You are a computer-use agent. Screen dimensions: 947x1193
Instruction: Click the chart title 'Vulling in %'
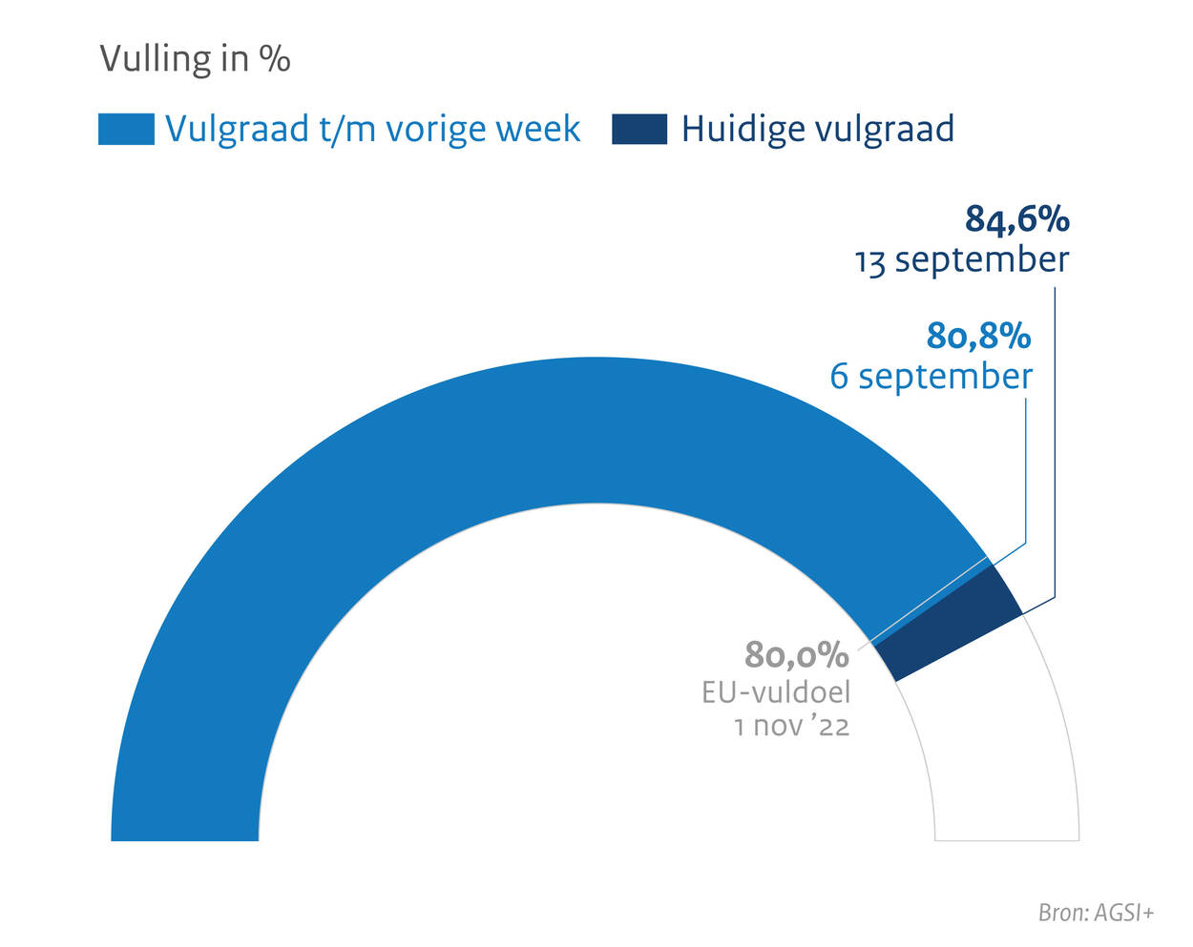coord(195,59)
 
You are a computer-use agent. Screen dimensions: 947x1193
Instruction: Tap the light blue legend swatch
coord(126,129)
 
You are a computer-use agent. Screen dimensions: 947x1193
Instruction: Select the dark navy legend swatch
coord(638,129)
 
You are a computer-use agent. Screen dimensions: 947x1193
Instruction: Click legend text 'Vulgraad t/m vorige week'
coord(372,129)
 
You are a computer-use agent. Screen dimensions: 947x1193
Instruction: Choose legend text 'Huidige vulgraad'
coord(817,129)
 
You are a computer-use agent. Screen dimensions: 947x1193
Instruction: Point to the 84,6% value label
coord(1016,219)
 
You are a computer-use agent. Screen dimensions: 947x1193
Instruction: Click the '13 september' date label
coord(961,259)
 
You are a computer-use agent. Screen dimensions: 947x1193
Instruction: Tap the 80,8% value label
coord(978,336)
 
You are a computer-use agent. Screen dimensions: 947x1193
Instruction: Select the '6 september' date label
coord(931,376)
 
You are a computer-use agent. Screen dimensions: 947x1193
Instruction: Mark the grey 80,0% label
coord(797,655)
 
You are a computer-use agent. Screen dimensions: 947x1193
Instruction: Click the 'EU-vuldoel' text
coord(776,691)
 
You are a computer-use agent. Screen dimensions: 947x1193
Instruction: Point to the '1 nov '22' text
coord(791,727)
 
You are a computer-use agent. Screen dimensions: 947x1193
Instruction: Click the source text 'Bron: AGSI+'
coord(1096,913)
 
